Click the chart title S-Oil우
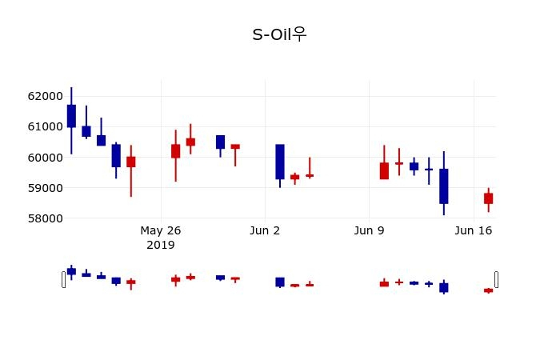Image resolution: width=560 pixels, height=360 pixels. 279,34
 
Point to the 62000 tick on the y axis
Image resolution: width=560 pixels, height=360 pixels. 45,96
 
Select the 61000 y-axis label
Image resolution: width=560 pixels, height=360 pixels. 45,126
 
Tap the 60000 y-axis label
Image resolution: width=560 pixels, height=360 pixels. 45,157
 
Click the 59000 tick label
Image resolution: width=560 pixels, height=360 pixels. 45,188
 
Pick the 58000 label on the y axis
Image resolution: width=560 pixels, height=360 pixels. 45,218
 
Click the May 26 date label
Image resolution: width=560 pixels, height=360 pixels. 161,230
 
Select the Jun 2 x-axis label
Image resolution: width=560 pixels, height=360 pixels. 265,230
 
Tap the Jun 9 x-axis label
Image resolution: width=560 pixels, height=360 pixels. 369,230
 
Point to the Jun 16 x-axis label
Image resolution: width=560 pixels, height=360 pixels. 473,230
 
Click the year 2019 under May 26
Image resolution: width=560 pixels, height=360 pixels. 161,245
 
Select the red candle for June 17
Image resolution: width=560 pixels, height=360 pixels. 488,198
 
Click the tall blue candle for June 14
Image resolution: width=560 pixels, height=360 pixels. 443,186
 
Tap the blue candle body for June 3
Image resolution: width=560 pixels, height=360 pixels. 280,162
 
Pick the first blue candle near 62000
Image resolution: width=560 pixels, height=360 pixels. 71,116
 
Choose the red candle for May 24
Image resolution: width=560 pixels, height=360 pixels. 130,162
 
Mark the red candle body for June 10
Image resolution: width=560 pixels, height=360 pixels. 384,170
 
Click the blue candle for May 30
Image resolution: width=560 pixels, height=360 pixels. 220,142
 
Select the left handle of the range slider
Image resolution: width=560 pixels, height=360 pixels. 64,279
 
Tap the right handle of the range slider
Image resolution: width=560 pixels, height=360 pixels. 496,279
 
